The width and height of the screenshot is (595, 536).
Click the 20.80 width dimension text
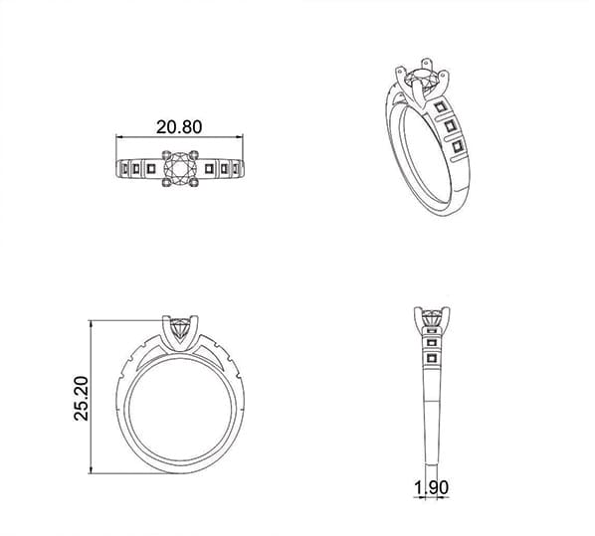[x=179, y=127]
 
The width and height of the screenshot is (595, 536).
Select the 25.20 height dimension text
[x=82, y=398]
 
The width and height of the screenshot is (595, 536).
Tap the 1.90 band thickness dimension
[x=432, y=488]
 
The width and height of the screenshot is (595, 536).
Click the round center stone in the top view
[x=179, y=167]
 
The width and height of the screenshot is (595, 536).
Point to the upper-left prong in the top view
[x=166, y=154]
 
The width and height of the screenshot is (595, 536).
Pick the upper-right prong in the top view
[x=194, y=154]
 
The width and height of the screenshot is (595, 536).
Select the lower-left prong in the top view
[x=166, y=182]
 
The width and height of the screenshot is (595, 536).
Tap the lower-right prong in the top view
[x=194, y=182]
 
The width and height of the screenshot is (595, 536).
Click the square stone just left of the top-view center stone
[x=151, y=168]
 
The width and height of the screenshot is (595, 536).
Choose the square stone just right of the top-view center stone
[x=209, y=168]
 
